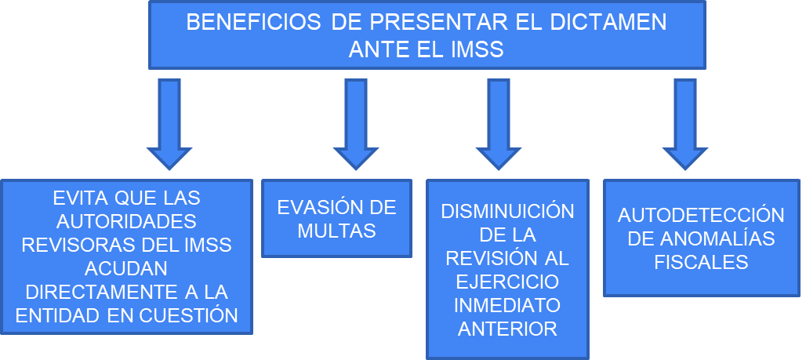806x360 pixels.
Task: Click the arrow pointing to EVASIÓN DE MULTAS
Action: [356, 123]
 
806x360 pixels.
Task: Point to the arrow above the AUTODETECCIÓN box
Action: [684, 123]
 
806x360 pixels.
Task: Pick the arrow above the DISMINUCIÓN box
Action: [498, 123]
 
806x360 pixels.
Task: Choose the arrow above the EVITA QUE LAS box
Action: [169, 123]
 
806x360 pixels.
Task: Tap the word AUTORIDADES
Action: [126, 222]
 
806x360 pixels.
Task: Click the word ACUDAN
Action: [126, 268]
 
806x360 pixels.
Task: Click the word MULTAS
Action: [336, 231]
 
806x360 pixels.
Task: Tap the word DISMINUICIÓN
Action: [508, 211]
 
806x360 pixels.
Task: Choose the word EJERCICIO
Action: [508, 282]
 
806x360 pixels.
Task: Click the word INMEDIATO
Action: [508, 305]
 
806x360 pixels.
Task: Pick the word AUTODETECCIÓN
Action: [701, 215]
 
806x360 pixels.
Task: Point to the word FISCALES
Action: [701, 262]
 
